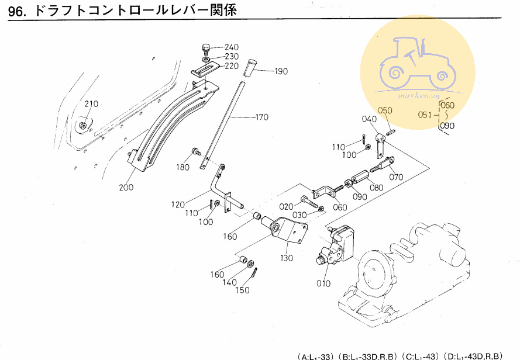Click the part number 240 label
(x=232, y=47)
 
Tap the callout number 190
(x=281, y=72)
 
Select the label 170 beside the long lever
(x=261, y=117)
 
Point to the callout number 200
(x=126, y=188)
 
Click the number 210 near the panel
(x=92, y=104)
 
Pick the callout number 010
(x=322, y=284)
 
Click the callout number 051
(x=427, y=115)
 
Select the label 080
(x=376, y=188)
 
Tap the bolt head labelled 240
(x=205, y=47)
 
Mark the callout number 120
(x=179, y=205)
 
